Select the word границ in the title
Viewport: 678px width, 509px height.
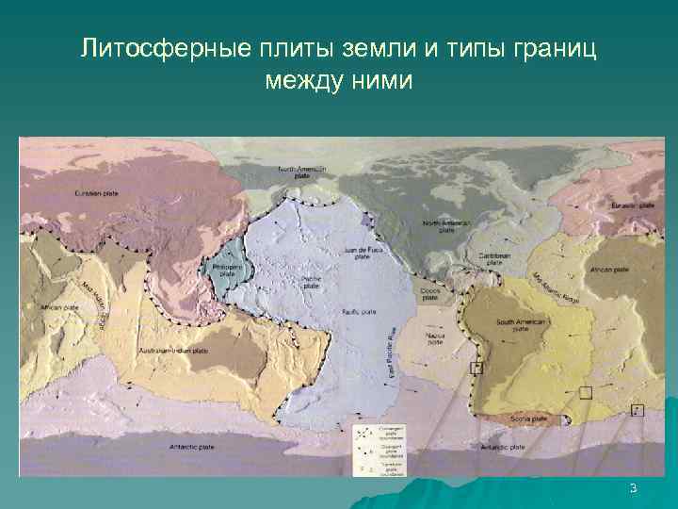(x=557, y=48)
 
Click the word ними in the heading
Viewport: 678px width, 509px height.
(x=381, y=81)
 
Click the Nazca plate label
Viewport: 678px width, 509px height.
(x=435, y=338)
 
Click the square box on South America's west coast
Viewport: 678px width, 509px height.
(x=476, y=369)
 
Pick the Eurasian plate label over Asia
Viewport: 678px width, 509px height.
(x=98, y=193)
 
